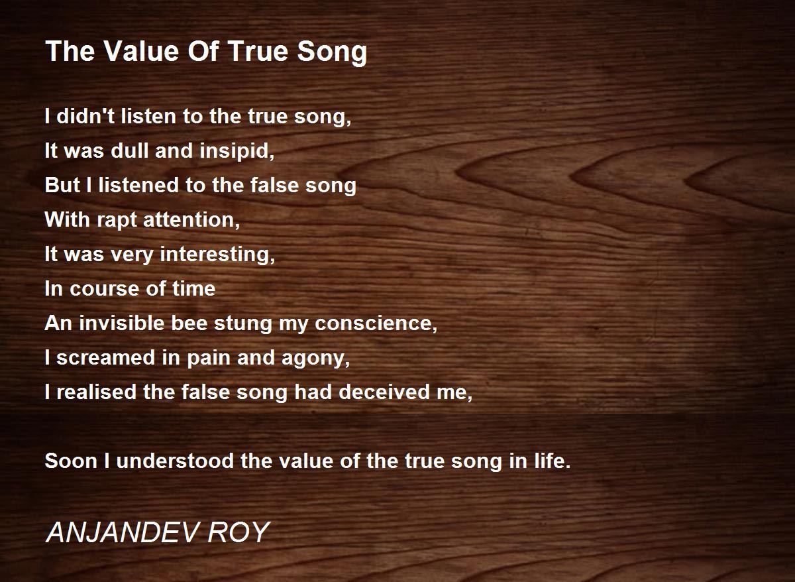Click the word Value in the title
point(141,51)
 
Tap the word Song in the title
point(332,53)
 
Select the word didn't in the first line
point(85,116)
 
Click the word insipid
point(237,152)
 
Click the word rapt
point(117,221)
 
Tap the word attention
point(191,220)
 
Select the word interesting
point(217,255)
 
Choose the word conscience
point(376,324)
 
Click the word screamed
point(106,357)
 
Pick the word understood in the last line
point(175,461)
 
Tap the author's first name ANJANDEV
point(122,532)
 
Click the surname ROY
point(238,532)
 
